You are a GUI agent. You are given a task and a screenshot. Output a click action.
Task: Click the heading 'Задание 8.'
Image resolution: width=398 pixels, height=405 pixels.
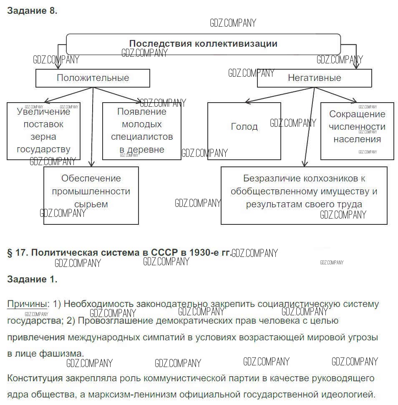(32, 11)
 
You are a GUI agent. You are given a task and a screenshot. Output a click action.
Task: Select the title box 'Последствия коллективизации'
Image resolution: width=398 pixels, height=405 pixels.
(203, 44)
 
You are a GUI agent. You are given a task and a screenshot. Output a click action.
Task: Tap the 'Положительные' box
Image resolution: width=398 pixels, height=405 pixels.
(93, 78)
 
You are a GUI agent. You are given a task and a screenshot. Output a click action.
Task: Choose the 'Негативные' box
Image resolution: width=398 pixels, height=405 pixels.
(314, 78)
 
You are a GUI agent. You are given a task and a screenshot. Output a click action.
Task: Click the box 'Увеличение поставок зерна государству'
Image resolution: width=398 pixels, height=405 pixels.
(43, 131)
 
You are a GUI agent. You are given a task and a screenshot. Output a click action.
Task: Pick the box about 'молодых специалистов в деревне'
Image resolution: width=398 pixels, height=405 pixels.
(141, 131)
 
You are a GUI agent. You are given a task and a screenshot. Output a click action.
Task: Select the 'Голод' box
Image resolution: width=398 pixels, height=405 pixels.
(244, 131)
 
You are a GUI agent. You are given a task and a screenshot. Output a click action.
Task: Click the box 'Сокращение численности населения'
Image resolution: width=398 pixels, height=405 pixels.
(357, 131)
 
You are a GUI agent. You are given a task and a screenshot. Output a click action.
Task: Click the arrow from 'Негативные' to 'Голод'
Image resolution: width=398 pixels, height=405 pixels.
(280, 94)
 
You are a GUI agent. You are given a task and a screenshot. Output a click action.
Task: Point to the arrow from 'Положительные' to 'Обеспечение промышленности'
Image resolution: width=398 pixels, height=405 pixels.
(92, 125)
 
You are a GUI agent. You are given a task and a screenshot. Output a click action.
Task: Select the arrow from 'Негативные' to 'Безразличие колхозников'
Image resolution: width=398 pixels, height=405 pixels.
(309, 125)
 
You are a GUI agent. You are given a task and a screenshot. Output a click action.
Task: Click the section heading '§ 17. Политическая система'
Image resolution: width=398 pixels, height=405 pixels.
(119, 253)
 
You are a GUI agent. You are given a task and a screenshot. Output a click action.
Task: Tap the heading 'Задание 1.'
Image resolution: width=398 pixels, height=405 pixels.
(32, 279)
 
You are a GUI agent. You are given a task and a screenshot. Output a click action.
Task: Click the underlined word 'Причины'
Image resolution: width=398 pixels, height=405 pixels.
(27, 304)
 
